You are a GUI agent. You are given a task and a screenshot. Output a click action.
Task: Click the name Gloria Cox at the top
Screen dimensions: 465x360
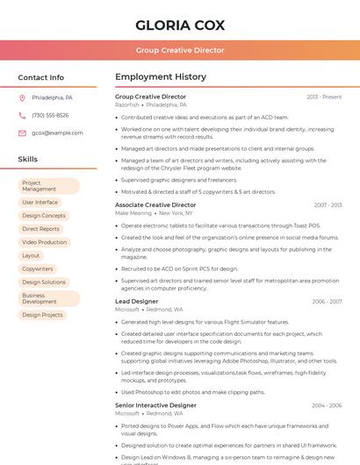180,25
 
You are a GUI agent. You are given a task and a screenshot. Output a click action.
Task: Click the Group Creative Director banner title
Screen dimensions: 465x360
180,51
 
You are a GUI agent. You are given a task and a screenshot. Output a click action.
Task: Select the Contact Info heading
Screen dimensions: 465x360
41,77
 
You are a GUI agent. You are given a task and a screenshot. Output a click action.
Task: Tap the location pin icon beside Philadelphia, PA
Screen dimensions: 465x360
22,97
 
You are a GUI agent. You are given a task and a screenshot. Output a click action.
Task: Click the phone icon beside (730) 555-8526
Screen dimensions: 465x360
22,115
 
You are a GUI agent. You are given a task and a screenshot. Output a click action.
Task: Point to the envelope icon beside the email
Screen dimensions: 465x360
22,133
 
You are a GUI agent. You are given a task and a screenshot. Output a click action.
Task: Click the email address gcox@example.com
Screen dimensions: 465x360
57,133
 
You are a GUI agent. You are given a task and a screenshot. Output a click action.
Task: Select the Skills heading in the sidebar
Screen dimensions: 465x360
28,160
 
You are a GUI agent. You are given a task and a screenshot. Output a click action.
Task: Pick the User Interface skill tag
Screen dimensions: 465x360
40,202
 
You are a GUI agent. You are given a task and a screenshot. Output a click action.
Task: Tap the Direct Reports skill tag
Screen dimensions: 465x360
41,229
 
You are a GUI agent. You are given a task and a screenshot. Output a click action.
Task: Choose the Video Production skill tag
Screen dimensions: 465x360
45,242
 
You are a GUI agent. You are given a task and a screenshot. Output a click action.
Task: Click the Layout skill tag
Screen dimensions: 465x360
32,255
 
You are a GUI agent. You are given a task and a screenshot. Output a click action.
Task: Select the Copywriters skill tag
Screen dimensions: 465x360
39,268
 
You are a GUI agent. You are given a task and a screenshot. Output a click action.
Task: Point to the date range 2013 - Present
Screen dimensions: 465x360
324,97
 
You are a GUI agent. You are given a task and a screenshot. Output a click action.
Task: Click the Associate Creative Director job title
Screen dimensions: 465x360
155,204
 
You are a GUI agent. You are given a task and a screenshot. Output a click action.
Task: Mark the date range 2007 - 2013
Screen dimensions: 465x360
328,205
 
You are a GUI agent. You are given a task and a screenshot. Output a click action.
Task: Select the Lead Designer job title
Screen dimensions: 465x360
137,301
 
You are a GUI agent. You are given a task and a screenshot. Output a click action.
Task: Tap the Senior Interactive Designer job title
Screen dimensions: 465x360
155,405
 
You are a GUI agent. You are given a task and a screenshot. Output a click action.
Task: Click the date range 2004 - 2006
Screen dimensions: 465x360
327,405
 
